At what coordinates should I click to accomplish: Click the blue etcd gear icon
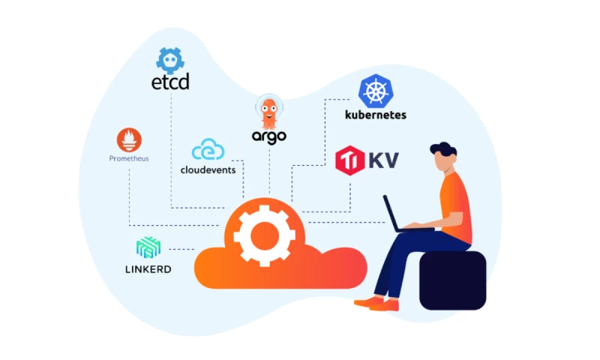coord(170,59)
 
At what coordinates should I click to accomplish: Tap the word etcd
coord(170,81)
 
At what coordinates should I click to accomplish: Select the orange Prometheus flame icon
coord(129,140)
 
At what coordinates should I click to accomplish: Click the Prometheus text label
coord(129,159)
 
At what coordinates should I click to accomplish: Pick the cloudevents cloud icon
coord(208,150)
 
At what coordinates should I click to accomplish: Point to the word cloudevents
coord(208,169)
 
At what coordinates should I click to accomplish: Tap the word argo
coord(268,136)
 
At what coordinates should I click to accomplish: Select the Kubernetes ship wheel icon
coord(376,91)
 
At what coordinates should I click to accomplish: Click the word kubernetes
coord(375,115)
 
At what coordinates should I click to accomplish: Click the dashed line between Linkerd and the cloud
coord(181,249)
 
